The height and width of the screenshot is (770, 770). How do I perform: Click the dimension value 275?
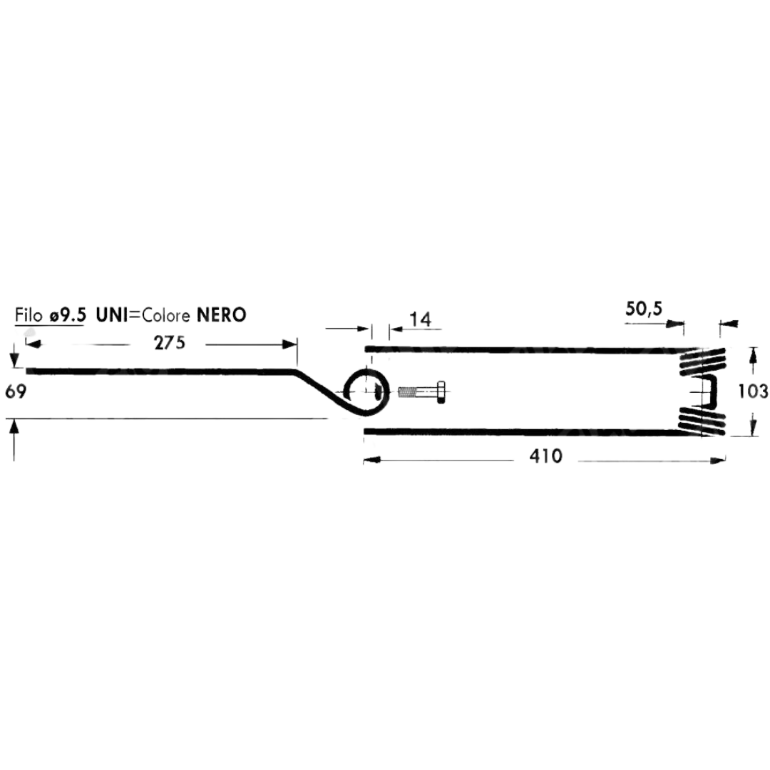click(170, 343)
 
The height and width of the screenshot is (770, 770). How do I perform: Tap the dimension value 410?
click(545, 456)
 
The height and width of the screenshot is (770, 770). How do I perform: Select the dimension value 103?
click(753, 391)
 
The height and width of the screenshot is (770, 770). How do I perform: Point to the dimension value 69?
click(16, 392)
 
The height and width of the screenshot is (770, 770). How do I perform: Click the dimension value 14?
click(421, 319)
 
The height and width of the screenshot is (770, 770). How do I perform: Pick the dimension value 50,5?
click(644, 309)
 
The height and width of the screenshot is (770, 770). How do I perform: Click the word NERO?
click(221, 315)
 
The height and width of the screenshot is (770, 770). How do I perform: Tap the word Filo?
click(29, 315)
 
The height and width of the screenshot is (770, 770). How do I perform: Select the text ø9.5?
click(68, 315)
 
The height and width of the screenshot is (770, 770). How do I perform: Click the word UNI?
click(112, 315)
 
